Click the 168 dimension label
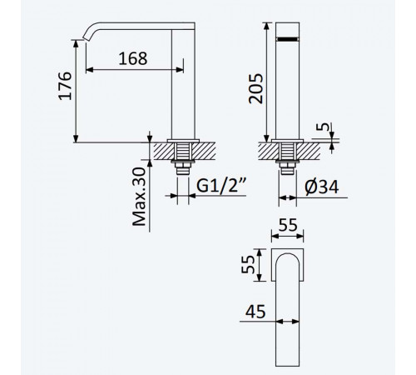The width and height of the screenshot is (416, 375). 133,58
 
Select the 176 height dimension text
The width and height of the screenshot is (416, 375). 65,86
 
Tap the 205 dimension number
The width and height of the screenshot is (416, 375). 255,88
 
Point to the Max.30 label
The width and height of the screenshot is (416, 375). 139,197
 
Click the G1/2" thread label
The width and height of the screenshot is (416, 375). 221,185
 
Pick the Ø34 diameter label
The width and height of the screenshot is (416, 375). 322,187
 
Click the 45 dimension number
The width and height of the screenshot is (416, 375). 255,312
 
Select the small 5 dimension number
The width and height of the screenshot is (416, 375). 323,127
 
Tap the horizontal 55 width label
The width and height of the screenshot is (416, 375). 288,225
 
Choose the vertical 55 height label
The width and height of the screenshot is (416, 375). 248,264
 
